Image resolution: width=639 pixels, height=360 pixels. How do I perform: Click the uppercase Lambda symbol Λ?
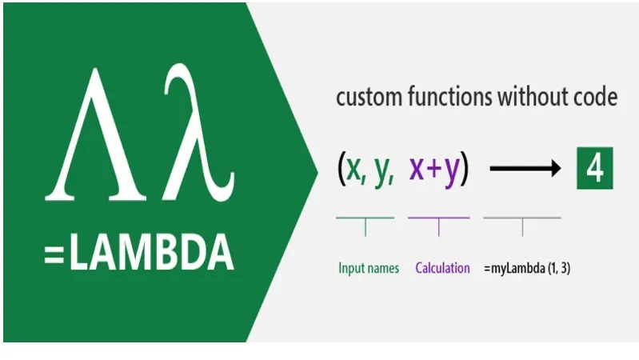coord(95,134)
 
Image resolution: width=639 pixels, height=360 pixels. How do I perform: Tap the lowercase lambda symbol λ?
coord(199,133)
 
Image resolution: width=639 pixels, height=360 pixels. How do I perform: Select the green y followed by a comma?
coord(384,172)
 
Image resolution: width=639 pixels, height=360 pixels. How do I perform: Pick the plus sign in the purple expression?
coord(434,169)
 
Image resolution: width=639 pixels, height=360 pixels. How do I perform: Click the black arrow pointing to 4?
coord(525,168)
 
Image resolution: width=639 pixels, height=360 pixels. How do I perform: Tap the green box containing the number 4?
coord(594,168)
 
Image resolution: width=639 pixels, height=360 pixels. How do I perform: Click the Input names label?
coord(369,268)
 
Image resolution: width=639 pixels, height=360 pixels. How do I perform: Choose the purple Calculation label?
coord(442,268)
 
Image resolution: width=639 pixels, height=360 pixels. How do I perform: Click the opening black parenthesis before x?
coord(341,169)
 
